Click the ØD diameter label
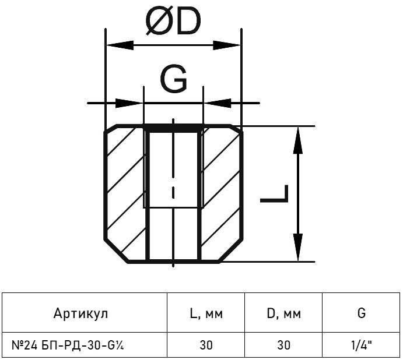pos(173,22)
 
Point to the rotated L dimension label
pos(274,193)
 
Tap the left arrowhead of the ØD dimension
pos(120,45)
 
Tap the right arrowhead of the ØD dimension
pos(227,45)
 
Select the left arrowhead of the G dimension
pos(129,103)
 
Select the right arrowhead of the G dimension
pos(218,103)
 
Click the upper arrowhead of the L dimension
pos(297,140)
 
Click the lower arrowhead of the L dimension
pos(297,248)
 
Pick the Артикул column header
pos(80,313)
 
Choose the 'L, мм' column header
pos(206,313)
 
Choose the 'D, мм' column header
pos(284,313)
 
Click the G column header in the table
pos(362,313)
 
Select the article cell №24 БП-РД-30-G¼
pos(68,345)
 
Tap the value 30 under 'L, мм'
pos(206,345)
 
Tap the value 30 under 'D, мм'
pos(284,345)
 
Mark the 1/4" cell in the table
pos(362,345)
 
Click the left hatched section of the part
pos(125,193)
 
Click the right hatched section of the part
pos(221,193)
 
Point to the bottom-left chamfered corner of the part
pos(116,252)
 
